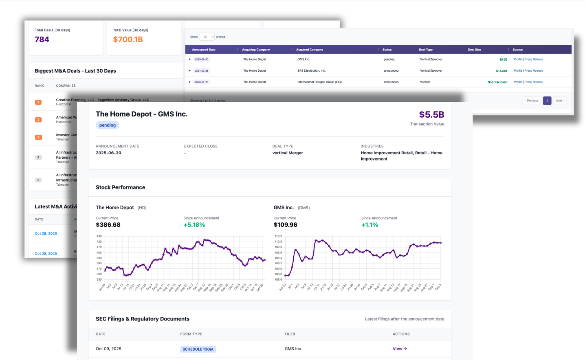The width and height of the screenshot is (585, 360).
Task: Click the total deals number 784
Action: click(x=42, y=40)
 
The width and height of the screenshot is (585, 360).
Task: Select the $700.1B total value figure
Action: click(x=128, y=40)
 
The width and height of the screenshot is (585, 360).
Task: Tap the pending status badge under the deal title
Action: click(x=108, y=125)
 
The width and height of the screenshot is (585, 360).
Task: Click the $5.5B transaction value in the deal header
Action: click(x=431, y=115)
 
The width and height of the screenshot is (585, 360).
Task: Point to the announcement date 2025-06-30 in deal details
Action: click(x=108, y=153)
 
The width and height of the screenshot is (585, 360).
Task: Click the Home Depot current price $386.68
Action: click(x=108, y=225)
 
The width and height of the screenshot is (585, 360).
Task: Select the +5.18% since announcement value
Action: click(x=194, y=225)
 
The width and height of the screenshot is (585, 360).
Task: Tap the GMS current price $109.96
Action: click(x=286, y=225)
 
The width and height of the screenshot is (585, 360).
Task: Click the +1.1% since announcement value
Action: click(x=369, y=225)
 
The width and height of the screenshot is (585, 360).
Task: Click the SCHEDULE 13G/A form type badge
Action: click(x=198, y=349)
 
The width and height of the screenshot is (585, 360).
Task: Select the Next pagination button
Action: click(x=560, y=101)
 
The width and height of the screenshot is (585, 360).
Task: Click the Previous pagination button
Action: click(x=532, y=101)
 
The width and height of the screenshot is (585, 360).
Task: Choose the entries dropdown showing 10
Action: click(x=208, y=37)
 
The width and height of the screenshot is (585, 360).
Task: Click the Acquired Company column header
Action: click(x=310, y=50)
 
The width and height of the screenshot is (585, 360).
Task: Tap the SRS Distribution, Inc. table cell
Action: click(x=311, y=71)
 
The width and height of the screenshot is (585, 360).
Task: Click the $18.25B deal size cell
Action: click(x=501, y=71)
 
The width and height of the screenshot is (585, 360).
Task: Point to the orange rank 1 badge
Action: click(x=38, y=102)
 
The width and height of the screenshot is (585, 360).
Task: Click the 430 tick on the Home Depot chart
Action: click(x=99, y=236)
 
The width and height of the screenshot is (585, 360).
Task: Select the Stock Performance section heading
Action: click(x=121, y=188)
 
